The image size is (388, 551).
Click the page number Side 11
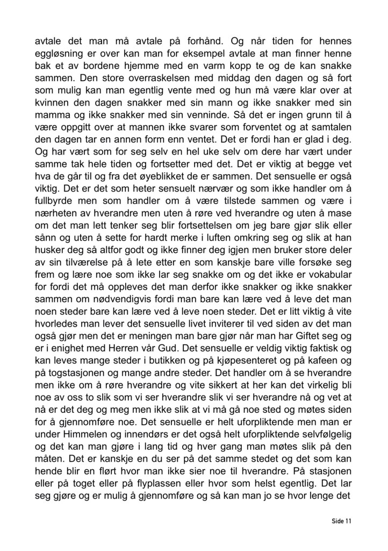point(341,521)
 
